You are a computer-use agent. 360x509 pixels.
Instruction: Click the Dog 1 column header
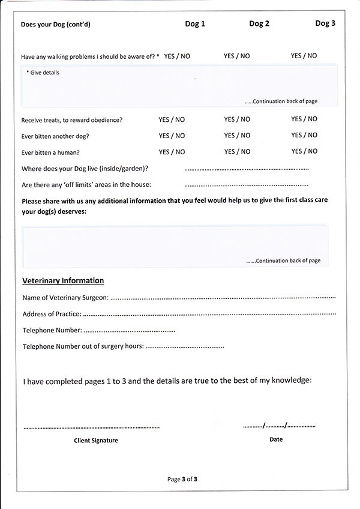click(194, 24)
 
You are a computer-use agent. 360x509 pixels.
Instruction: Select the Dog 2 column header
click(259, 24)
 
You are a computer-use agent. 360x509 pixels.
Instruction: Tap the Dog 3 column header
click(325, 24)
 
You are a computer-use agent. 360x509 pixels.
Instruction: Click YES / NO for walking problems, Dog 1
click(177, 56)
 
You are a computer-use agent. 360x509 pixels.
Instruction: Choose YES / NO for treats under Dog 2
click(237, 119)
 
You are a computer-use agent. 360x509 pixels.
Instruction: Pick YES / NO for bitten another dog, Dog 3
click(304, 136)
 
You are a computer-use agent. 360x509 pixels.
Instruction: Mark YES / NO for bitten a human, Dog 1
click(172, 152)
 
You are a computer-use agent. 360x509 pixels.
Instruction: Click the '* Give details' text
click(43, 73)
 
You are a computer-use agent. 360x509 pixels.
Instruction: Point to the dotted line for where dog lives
click(246, 169)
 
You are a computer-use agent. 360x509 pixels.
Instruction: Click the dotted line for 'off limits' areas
click(246, 185)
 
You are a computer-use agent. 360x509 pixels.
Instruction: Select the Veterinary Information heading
click(63, 280)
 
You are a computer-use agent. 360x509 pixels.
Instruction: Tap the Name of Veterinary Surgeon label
click(65, 298)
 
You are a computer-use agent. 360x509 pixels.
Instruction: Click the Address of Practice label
click(52, 314)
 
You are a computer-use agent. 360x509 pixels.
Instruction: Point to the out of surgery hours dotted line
click(185, 346)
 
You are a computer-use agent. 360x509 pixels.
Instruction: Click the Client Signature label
click(96, 441)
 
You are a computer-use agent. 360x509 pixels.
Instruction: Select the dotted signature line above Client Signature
click(91, 427)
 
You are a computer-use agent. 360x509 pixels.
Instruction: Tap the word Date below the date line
click(276, 439)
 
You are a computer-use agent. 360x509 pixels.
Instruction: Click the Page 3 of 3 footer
click(182, 479)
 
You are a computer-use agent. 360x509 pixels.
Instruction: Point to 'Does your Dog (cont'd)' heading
click(56, 25)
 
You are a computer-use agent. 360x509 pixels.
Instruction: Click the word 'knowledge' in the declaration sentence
click(289, 381)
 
